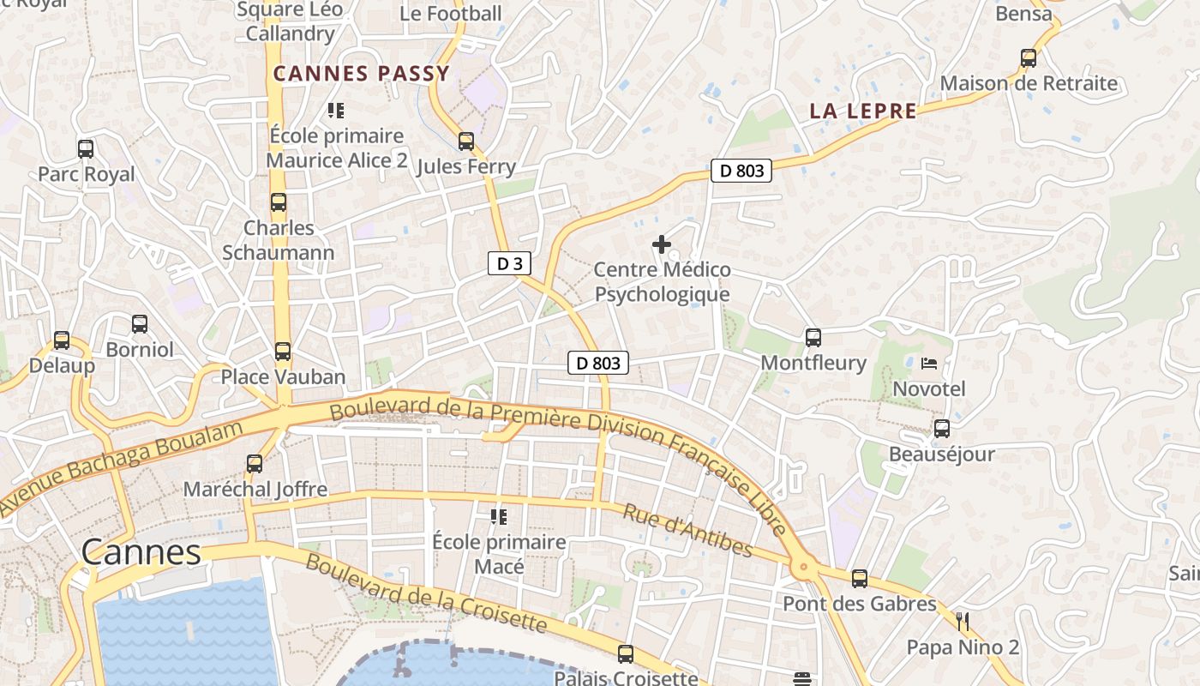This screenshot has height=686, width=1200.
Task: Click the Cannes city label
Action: tap(141, 552)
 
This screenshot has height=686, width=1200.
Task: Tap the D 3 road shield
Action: tap(509, 263)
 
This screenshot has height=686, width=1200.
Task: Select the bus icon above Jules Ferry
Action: tap(465, 141)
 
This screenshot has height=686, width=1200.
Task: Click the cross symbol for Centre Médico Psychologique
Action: tap(661, 244)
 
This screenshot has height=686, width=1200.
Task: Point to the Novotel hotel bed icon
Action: tap(928, 364)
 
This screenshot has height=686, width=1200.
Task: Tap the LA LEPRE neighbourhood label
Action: tap(863, 111)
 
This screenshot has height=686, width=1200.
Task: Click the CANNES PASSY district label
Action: tap(361, 74)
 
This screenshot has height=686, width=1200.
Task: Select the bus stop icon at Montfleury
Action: tap(813, 338)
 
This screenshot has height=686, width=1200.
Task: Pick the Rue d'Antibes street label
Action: tap(687, 531)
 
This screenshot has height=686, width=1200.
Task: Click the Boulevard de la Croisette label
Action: tap(425, 593)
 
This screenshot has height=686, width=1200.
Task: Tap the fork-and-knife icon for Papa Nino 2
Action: tap(963, 621)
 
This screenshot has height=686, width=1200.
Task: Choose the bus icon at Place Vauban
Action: tap(282, 352)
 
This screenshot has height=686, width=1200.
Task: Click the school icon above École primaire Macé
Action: tap(499, 516)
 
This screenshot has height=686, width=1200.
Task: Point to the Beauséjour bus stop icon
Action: tap(941, 429)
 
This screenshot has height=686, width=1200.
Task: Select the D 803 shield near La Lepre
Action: tap(741, 171)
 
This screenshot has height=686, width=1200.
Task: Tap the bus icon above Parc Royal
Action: tap(86, 148)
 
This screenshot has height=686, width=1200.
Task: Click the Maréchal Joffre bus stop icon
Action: tap(255, 464)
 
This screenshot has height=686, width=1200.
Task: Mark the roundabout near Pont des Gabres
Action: tap(803, 566)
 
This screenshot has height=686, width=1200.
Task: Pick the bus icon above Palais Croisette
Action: tap(626, 654)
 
